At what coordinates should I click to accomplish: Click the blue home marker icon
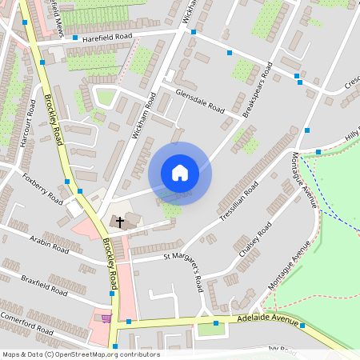click(x=180, y=173)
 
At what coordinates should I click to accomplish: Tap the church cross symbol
click(x=120, y=221)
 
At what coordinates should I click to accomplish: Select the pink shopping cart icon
click(x=106, y=318)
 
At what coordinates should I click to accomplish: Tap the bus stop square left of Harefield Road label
click(x=75, y=38)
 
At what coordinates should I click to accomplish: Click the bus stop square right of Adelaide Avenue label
click(x=303, y=325)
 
